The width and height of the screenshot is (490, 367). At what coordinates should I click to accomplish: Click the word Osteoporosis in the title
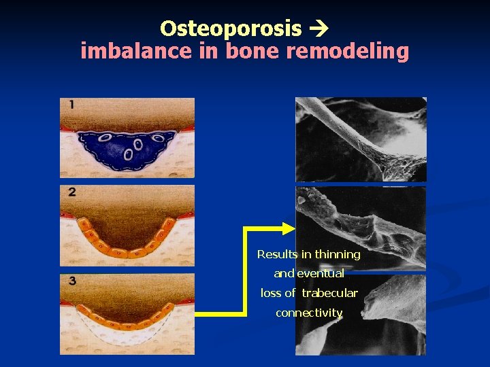[230, 29]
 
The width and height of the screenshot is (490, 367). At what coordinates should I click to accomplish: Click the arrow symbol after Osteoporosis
[318, 29]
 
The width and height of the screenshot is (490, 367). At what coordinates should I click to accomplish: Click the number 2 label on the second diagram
[72, 192]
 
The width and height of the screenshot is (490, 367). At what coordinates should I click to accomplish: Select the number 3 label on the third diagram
[72, 280]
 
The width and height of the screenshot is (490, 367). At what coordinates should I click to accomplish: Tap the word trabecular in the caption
[329, 294]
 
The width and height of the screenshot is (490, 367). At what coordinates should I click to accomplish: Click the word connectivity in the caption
[309, 313]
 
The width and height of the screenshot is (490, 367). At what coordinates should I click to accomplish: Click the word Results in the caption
[277, 254]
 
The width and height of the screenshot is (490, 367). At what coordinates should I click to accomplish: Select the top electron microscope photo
[361, 139]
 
